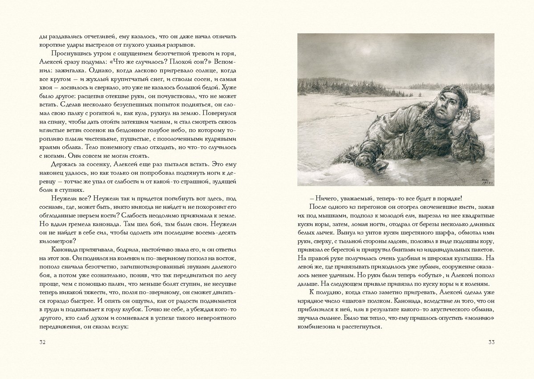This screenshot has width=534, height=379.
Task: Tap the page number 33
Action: [491, 342]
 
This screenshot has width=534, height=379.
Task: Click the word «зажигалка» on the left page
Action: [66, 70]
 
